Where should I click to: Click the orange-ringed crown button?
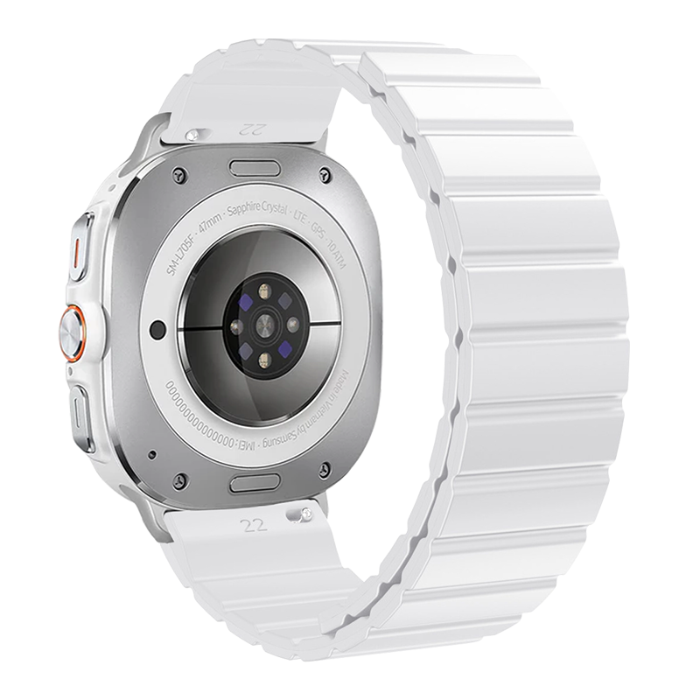coord(73,332)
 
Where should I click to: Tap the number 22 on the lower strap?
coord(254,525)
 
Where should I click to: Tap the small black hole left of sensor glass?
coord(158,330)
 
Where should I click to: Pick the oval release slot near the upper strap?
coord(255,168)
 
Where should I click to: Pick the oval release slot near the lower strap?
coord(255,482)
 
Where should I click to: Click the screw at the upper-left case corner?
coord(179,174)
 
